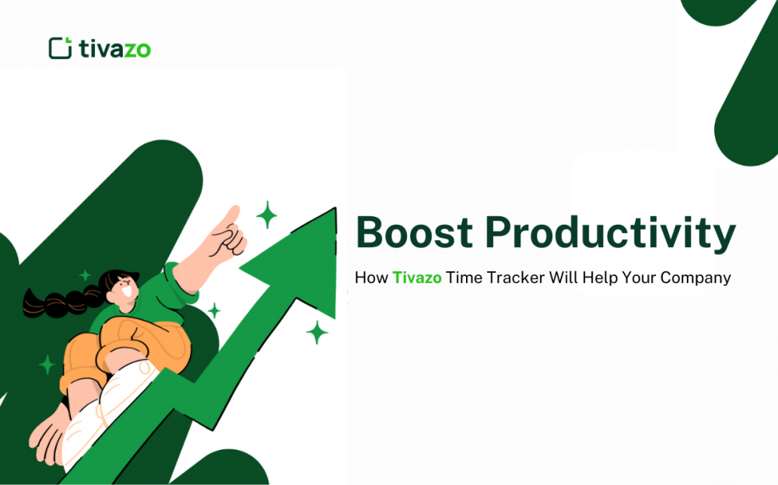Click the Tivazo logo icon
pos(60,48)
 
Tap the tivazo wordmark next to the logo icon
pos(115,49)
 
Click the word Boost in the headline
pos(413,232)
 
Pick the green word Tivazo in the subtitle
pos(417,277)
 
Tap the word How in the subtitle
pos(370,277)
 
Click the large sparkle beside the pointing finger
pos(267,215)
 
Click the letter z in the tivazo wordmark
pos(127,49)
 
